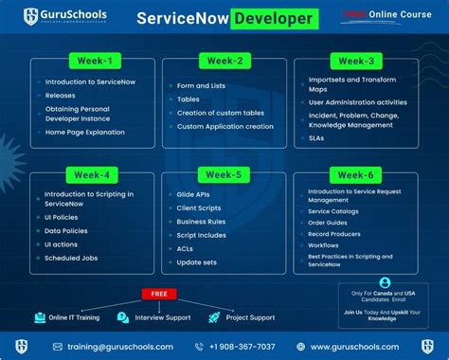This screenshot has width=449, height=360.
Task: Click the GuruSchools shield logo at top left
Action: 33,16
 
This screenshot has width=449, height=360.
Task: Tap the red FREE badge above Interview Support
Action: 159,294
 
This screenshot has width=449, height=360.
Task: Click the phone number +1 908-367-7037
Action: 241,347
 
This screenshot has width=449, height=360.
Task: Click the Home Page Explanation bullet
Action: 86,131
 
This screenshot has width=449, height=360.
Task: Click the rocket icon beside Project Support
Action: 217,317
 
